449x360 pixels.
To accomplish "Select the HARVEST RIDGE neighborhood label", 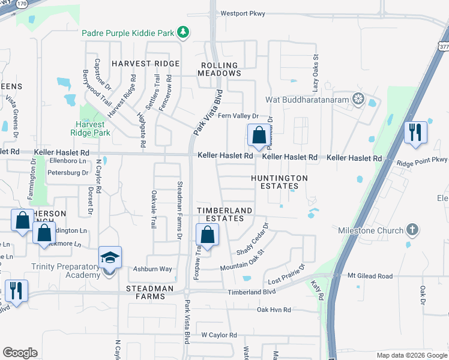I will [x=145, y=64].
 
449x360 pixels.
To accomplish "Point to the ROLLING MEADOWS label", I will [x=219, y=69].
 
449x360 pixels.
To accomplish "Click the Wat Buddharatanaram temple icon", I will [x=358, y=98].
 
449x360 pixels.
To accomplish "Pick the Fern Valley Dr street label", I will [x=238, y=116].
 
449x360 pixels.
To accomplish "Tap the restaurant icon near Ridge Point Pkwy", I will [x=415, y=132].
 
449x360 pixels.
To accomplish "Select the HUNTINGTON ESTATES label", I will [x=279, y=182].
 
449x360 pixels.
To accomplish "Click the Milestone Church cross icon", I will [x=411, y=230].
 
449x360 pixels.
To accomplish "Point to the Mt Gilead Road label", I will [x=370, y=276].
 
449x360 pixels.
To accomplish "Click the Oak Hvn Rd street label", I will [x=274, y=310].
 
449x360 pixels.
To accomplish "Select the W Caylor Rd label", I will [x=219, y=335].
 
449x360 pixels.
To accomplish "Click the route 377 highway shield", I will [x=442, y=46].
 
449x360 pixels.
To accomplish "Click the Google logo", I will [x=20, y=353].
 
